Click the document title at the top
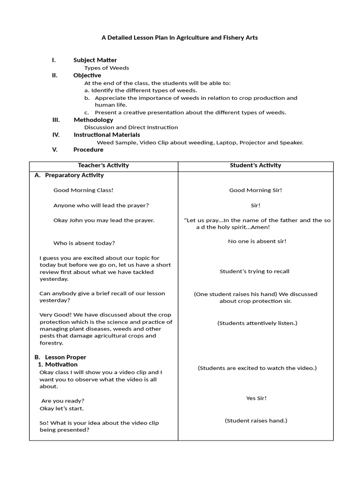(x=180, y=37)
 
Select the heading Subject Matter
(x=95, y=60)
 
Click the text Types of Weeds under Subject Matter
(x=106, y=68)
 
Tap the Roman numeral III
(x=56, y=120)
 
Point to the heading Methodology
(x=93, y=120)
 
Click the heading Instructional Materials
(x=107, y=135)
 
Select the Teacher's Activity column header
(x=104, y=165)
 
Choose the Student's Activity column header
(x=255, y=165)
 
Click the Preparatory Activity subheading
(x=74, y=175)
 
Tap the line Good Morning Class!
(x=83, y=190)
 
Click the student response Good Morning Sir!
(x=255, y=190)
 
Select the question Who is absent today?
(x=84, y=243)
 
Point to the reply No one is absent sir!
(x=257, y=241)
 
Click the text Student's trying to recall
(x=255, y=271)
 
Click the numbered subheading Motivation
(x=61, y=365)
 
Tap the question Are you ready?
(x=63, y=401)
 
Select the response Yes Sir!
(x=256, y=398)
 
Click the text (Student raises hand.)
(x=256, y=421)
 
